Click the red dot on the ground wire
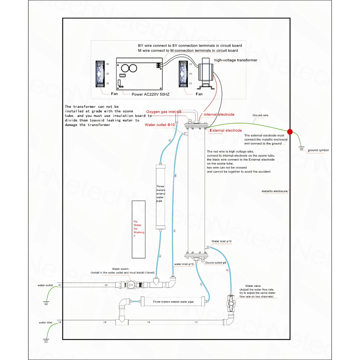290,131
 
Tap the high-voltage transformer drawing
206,73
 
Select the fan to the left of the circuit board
100,74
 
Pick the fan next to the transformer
183,74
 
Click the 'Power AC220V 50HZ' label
150,94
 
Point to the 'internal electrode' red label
219,114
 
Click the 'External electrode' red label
226,130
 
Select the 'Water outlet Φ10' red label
159,125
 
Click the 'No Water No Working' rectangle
139,229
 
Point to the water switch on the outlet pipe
130,285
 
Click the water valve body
231,303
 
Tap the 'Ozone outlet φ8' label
216,263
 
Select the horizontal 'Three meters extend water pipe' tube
173,302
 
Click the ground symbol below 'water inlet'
46,341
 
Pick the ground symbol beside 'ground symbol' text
301,148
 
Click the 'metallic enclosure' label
275,191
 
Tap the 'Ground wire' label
260,115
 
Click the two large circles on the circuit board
129,68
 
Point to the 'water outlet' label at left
45,285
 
